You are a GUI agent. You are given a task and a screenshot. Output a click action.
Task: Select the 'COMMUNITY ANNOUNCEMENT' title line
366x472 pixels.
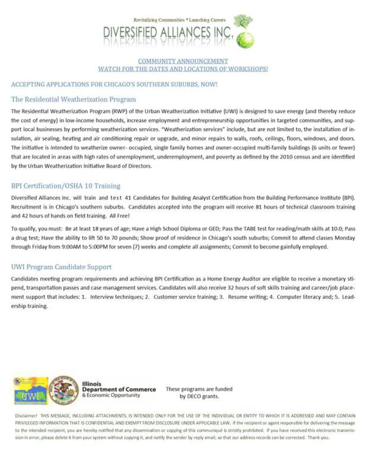coord(183,61)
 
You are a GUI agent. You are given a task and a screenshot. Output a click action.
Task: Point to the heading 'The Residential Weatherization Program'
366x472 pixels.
coord(74,99)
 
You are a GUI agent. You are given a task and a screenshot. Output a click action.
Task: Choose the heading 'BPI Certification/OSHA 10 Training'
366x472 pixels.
coord(66,186)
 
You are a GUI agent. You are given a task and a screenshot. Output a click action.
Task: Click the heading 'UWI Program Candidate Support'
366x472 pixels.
coord(61,267)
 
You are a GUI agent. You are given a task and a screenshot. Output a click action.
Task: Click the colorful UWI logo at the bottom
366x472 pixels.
coord(31,391)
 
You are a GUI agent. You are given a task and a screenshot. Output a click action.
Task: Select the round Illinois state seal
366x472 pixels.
coord(64,390)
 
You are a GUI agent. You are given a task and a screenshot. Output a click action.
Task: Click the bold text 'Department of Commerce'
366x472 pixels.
coord(119,389)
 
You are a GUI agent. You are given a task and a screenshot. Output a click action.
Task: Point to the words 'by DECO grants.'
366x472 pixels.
coord(199,396)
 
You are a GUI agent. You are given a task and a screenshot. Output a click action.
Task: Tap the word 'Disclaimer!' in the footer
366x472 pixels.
coord(26,417)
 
